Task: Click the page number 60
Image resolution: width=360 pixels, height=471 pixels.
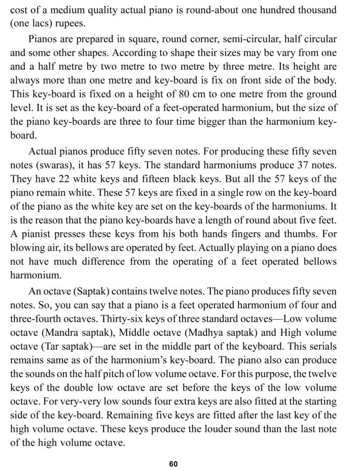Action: coord(173,464)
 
